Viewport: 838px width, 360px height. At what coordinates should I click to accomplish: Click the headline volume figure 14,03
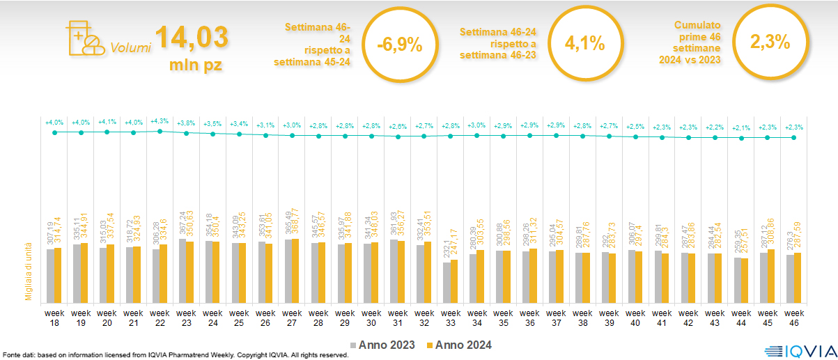point(191,38)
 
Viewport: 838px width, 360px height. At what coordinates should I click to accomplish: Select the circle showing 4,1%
point(584,44)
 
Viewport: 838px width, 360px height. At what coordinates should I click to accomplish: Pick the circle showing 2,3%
point(770,42)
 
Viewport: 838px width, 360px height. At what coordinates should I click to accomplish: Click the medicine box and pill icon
point(84,39)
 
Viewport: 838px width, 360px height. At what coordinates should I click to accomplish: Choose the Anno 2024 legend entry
point(459,345)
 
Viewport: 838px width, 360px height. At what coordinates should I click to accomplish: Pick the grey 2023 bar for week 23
point(183,269)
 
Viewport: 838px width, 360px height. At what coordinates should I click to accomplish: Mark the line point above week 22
point(160,131)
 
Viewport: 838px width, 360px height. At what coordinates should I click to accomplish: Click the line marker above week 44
point(742,138)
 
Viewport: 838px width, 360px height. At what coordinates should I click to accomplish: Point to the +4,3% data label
point(160,123)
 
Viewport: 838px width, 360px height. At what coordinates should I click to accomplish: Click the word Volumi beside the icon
point(130,48)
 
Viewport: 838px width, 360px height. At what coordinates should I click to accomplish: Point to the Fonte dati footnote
point(174,355)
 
